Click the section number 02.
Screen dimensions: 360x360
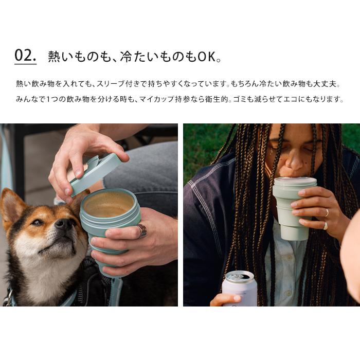[x=25, y=56]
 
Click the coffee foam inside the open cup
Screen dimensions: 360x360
[x=109, y=205]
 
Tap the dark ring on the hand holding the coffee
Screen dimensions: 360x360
[x=141, y=230]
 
